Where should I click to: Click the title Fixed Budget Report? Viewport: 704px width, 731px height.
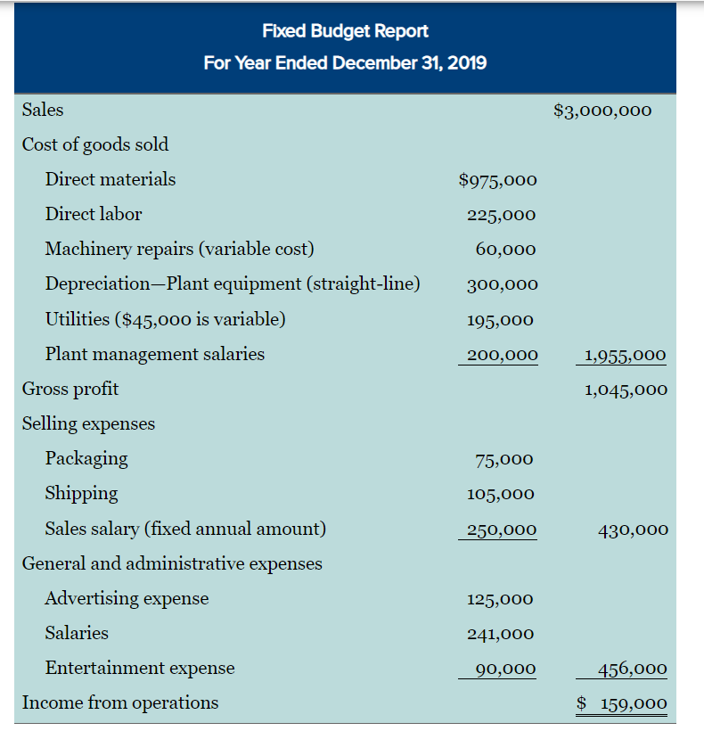345,31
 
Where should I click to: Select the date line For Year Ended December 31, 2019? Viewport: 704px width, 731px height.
345,64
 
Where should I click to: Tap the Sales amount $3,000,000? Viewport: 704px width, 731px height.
602,111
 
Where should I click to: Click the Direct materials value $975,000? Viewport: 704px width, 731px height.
497,180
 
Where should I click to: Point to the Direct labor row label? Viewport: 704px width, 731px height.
94,214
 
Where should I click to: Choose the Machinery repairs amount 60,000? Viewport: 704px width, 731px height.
505,250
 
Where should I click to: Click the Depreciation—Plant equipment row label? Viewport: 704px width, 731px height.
233,284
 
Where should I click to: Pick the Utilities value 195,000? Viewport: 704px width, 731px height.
500,320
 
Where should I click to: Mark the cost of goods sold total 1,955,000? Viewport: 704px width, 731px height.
625,355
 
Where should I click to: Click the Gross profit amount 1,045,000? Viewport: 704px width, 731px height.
626,390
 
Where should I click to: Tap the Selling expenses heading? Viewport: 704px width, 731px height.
88,424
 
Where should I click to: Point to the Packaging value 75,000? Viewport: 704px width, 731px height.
504,460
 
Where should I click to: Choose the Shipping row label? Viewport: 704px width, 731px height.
81,494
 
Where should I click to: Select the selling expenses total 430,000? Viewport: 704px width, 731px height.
633,530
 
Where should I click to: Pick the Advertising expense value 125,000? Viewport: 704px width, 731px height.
500,600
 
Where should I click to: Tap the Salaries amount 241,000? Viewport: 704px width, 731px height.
500,635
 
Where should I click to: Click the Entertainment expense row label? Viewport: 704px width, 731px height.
140,669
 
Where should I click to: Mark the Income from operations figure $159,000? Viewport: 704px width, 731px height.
621,703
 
